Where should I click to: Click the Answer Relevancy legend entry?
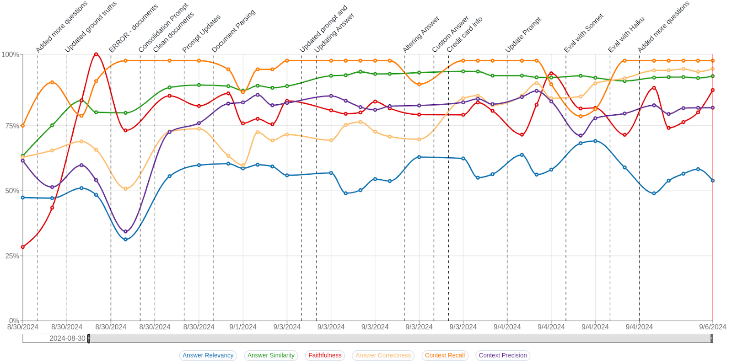tap(208, 355)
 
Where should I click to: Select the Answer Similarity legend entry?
tap(271, 355)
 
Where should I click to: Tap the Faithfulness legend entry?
tap(325, 355)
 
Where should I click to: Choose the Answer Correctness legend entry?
tap(383, 355)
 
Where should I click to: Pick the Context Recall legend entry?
tap(445, 355)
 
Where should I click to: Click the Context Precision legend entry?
tap(503, 355)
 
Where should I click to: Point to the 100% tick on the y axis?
tap(10, 54)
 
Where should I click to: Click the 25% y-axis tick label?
tap(12, 256)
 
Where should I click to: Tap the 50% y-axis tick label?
tap(12, 191)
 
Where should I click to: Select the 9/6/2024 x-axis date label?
tap(712, 327)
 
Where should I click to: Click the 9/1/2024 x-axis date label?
tap(243, 327)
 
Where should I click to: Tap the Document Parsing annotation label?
tap(233, 31)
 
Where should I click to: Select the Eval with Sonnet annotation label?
tap(584, 33)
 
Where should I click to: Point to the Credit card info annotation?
tap(464, 35)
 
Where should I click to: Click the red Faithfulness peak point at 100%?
tap(96, 54)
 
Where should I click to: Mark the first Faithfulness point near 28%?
tap(23, 247)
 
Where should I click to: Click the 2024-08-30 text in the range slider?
tap(67, 338)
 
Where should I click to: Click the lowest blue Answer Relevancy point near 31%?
tap(125, 240)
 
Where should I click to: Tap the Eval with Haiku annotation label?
tap(626, 35)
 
